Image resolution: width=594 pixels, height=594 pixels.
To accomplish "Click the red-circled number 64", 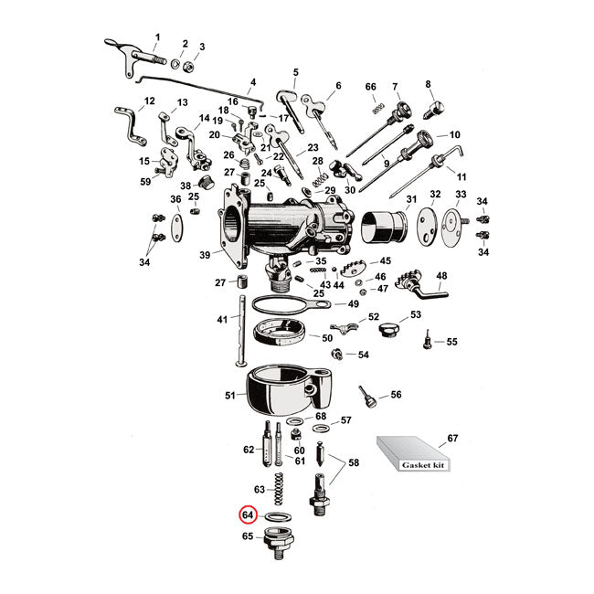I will tap(247, 514).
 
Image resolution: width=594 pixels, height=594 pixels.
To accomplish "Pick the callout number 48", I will tap(441, 276).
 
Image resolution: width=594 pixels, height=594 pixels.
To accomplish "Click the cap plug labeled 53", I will tap(389, 326).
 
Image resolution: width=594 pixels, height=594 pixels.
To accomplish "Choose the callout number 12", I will tap(150, 101).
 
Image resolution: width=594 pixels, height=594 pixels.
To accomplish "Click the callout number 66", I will tap(370, 87).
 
